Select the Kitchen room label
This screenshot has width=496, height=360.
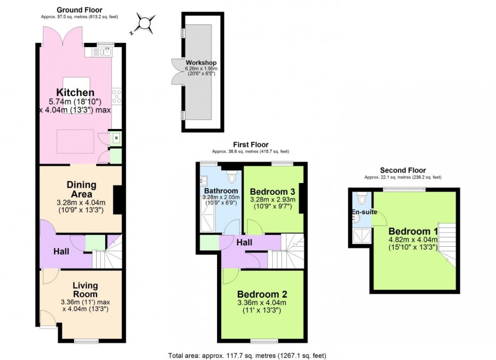(x=75, y=93)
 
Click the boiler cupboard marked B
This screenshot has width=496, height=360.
(x=116, y=138)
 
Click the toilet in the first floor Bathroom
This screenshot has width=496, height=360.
(x=232, y=176)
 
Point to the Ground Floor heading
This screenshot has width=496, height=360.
(x=79, y=10)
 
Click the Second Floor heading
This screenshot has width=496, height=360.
(x=403, y=170)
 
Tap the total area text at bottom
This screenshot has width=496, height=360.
(x=251, y=355)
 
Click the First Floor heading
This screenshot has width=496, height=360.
(x=251, y=145)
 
